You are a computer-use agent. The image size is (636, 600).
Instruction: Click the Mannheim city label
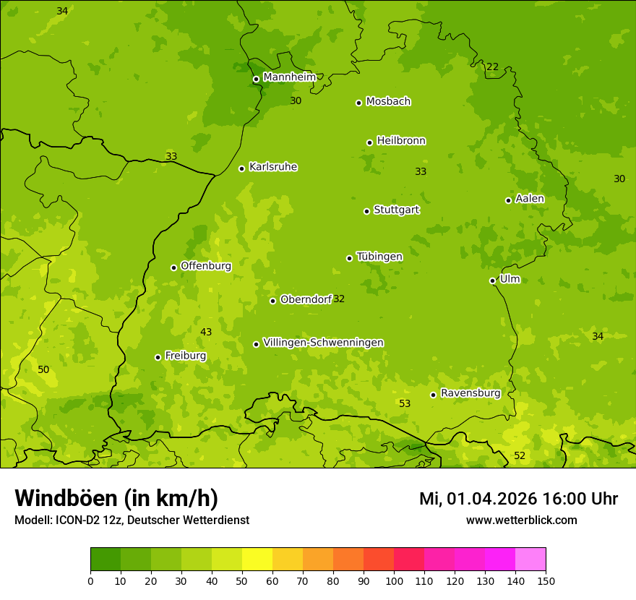(x=289, y=77)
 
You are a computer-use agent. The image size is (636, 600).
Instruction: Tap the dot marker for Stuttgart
(x=366, y=211)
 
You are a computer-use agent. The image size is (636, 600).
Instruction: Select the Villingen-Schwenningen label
(x=323, y=343)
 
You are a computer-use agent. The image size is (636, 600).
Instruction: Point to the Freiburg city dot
(x=158, y=357)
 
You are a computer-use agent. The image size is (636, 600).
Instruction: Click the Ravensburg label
(x=470, y=393)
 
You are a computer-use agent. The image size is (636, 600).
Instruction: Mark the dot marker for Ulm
(x=492, y=280)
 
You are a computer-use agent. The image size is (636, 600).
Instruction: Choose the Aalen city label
(x=530, y=199)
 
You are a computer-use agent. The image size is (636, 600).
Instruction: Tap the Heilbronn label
(x=401, y=141)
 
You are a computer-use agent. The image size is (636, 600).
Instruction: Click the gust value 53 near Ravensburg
(x=405, y=403)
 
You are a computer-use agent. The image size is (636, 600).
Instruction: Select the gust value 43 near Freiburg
(x=206, y=332)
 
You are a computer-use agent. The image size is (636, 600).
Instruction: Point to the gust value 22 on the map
(x=492, y=67)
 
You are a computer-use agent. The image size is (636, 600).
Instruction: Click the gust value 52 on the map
(x=520, y=455)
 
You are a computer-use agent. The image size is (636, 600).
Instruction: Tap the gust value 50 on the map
(x=43, y=369)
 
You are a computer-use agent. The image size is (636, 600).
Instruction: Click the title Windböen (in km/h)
(x=116, y=498)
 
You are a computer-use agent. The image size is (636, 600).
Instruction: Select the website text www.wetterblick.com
(x=521, y=520)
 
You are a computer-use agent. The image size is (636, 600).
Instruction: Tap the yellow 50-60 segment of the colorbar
(x=257, y=560)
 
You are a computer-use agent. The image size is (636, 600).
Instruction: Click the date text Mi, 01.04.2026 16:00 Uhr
(x=518, y=499)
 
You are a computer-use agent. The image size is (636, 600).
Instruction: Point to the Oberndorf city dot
(x=272, y=301)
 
